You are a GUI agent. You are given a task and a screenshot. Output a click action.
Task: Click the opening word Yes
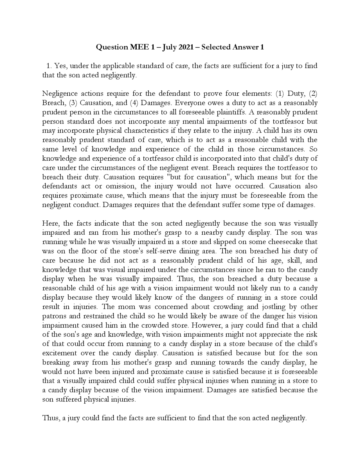click(60, 66)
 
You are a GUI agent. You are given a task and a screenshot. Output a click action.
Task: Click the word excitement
click(59, 353)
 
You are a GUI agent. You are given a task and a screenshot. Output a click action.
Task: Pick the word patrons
click(53, 316)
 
